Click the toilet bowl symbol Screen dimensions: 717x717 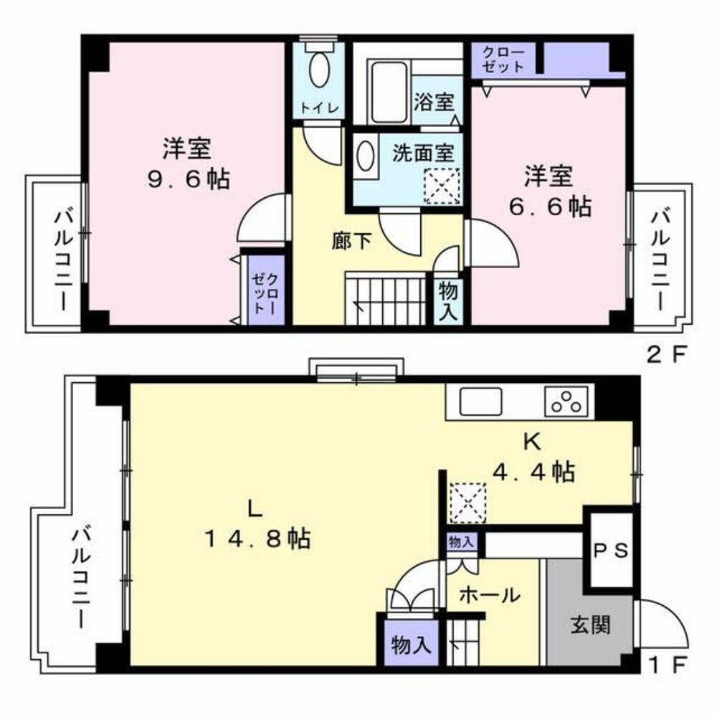(319, 72)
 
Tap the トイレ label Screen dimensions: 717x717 (319, 108)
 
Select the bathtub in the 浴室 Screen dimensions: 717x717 (388, 92)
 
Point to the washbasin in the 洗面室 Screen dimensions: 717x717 (365, 156)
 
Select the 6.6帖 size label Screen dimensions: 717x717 (550, 206)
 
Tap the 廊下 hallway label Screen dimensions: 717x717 (351, 242)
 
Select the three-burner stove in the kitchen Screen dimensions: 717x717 (569, 402)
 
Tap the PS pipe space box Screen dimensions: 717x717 (611, 550)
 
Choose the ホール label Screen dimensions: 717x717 (488, 594)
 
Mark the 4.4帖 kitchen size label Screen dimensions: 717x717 (532, 471)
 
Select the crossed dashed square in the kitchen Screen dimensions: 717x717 (467, 503)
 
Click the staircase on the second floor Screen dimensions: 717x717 (386, 298)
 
